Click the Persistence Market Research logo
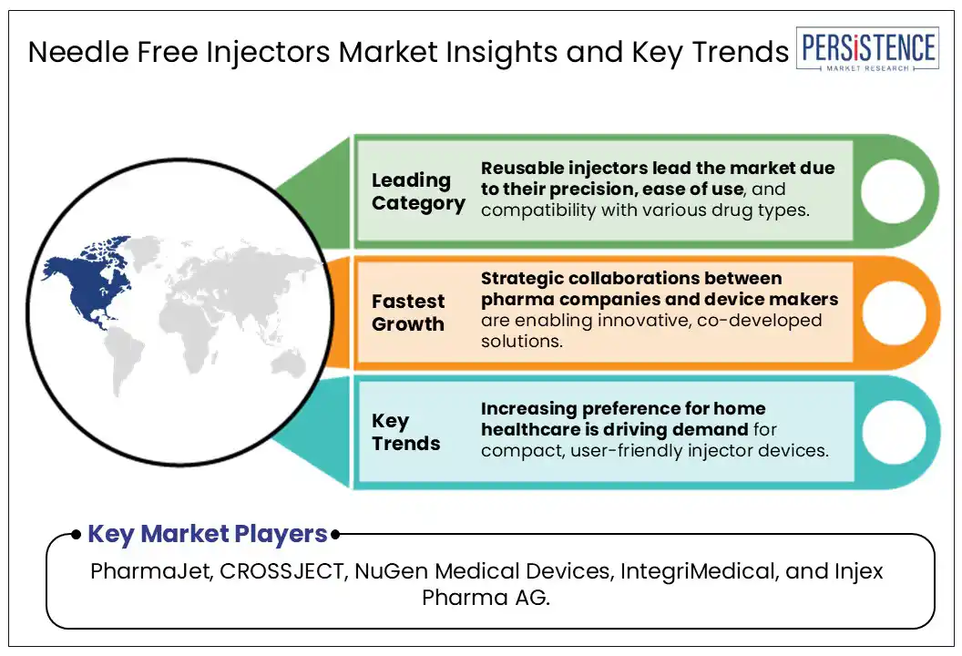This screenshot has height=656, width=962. coord(866,50)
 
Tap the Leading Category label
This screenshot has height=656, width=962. coord(417,191)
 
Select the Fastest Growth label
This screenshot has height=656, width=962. coord(408,313)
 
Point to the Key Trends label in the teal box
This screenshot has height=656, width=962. coord(405,432)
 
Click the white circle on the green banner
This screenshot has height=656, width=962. coord(892,191)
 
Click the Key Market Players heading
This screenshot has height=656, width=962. coord(207,534)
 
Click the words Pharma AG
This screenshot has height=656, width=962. coord(486,599)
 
